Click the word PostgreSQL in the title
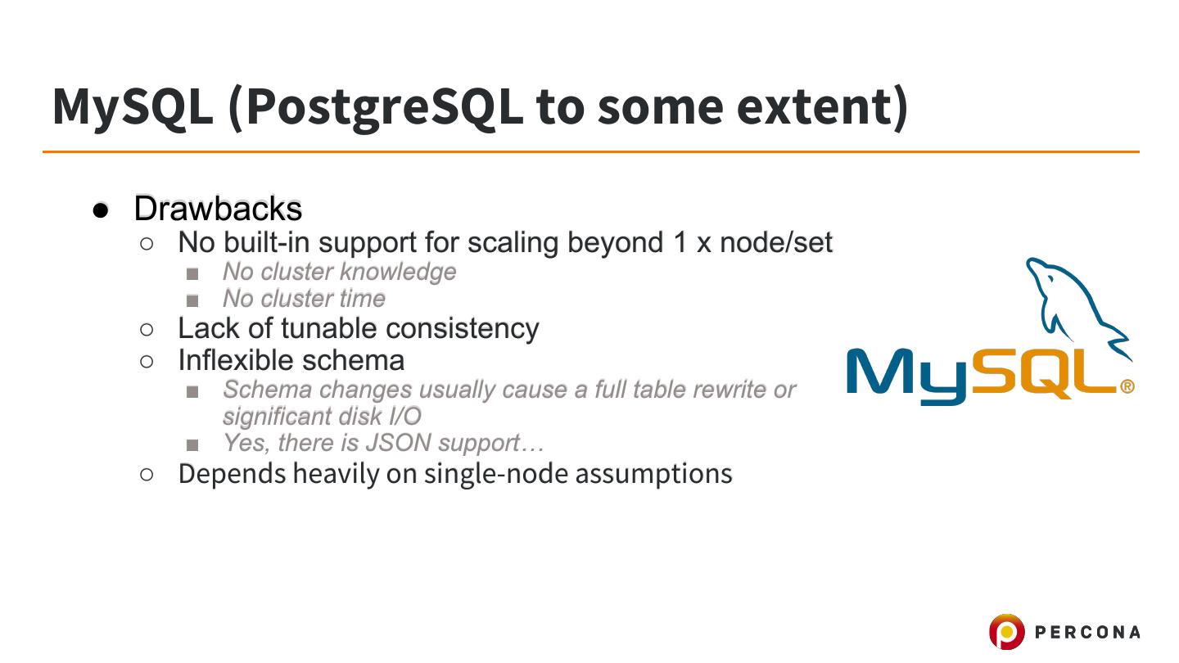[384, 108]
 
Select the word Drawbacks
[218, 209]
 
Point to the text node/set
[776, 243]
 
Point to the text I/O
[405, 417]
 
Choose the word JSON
[398, 443]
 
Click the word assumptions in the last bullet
[653, 475]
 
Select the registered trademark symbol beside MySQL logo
[1127, 387]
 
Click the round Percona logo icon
[1007, 631]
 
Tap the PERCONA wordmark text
[1087, 632]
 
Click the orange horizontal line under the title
[591, 152]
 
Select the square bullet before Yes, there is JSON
[192, 445]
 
